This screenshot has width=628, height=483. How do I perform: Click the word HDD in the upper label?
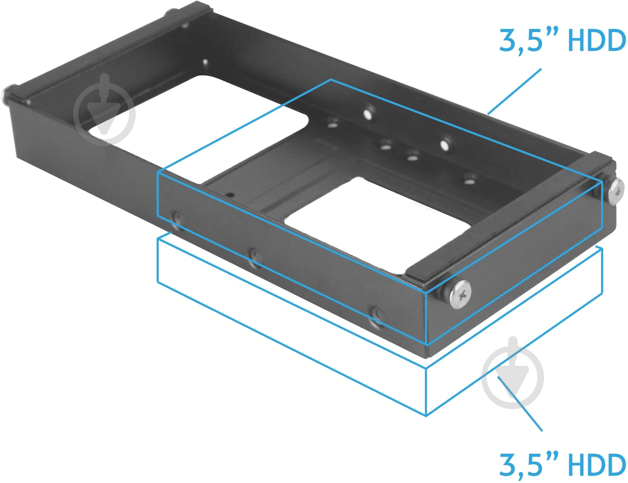click(x=597, y=41)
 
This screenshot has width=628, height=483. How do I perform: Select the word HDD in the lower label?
click(x=597, y=465)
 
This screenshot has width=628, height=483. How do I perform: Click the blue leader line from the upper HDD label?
click(x=514, y=91)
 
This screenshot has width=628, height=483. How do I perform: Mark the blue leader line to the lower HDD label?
click(x=520, y=403)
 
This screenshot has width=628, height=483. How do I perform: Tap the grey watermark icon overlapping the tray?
click(x=104, y=110)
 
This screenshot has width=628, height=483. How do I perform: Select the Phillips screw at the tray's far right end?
click(x=616, y=192)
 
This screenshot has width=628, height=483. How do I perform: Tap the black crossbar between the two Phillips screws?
click(x=510, y=220)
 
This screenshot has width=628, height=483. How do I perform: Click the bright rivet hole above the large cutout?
click(x=205, y=62)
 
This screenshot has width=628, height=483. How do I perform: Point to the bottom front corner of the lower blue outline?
click(x=426, y=415)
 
